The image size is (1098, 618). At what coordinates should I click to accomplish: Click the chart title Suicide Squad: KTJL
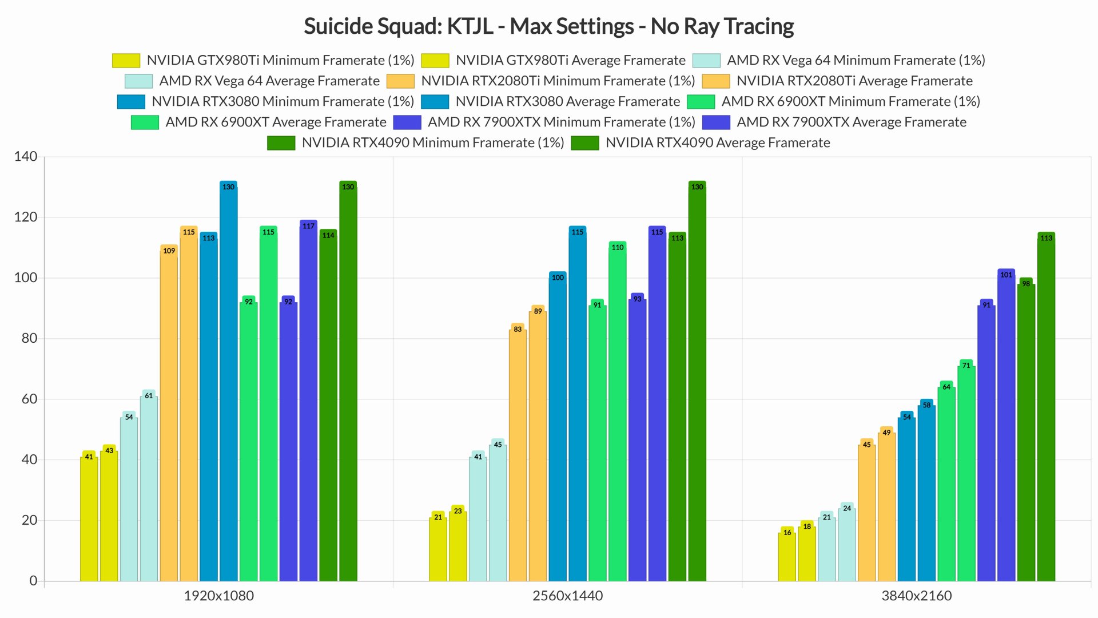pyautogui.click(x=548, y=26)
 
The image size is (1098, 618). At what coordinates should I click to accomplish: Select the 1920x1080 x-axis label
pyautogui.click(x=218, y=596)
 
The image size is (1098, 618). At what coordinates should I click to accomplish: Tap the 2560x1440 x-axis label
pyautogui.click(x=567, y=596)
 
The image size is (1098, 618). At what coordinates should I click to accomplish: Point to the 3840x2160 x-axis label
pyautogui.click(x=916, y=596)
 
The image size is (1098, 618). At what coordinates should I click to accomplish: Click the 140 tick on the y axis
pyautogui.click(x=26, y=156)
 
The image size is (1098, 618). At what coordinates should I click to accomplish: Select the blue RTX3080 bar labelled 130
pyautogui.click(x=228, y=383)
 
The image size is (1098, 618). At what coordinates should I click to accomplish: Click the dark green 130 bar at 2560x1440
pyautogui.click(x=697, y=383)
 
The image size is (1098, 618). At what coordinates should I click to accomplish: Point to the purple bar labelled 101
pyautogui.click(x=1006, y=426)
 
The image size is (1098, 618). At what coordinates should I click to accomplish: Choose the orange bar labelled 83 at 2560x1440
pyautogui.click(x=518, y=455)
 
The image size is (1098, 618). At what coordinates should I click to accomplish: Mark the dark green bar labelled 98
pyautogui.click(x=1026, y=432)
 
